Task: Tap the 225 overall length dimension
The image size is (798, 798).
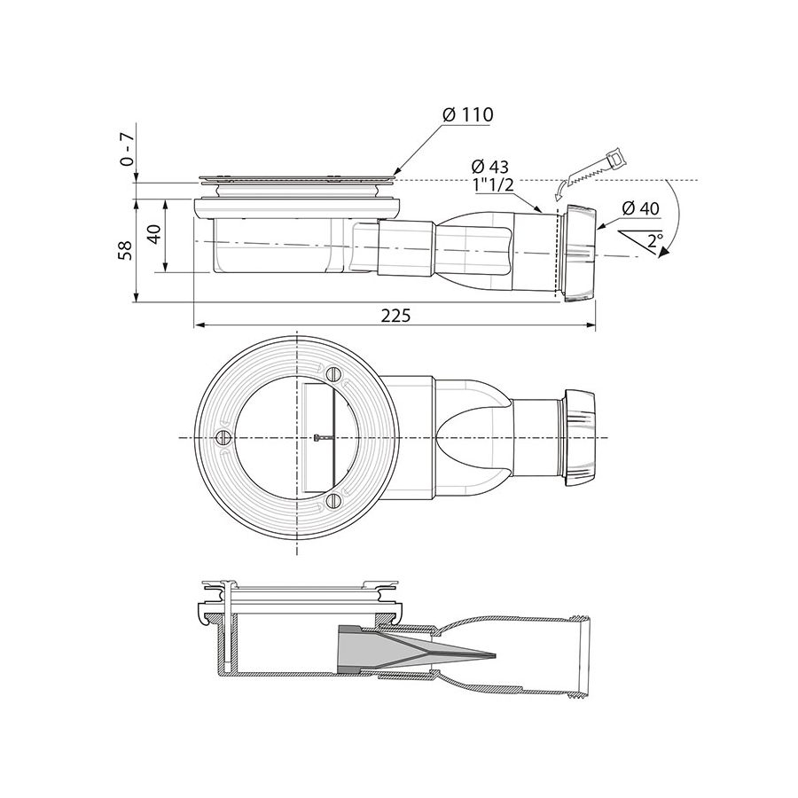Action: tap(395, 315)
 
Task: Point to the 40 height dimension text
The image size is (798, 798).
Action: tap(156, 235)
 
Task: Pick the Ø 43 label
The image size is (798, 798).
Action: tap(490, 167)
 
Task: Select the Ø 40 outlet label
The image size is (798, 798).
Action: tap(640, 208)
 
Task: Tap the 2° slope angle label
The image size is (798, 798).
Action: tap(654, 239)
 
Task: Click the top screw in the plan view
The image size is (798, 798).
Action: tap(333, 373)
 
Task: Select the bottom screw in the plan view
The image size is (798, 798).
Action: tap(333, 502)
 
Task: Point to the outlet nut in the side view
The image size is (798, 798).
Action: tap(578, 253)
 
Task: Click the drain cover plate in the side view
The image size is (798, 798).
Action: tap(297, 176)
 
